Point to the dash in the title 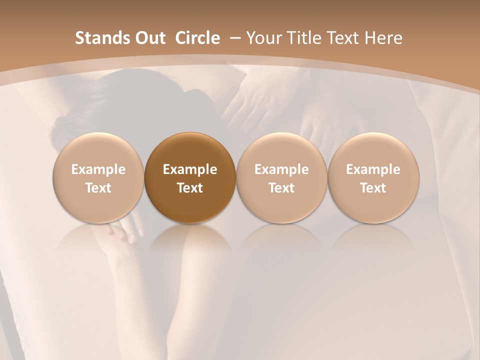233,38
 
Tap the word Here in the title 385,38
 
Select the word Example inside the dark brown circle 190,169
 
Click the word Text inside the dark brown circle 190,188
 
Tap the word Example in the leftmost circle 98,169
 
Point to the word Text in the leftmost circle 98,188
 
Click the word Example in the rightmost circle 373,169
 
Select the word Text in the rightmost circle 373,188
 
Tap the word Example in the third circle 281,169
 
